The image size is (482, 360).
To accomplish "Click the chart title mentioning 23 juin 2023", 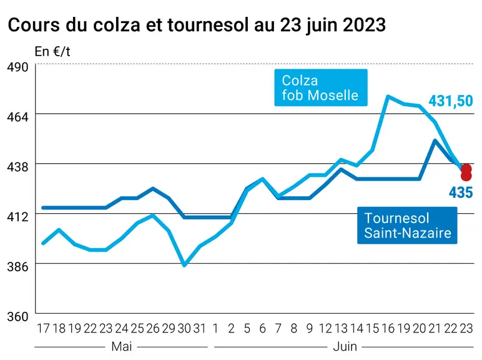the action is [197, 24].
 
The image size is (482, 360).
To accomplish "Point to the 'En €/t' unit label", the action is [52, 51].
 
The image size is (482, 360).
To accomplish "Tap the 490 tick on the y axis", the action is [17, 67].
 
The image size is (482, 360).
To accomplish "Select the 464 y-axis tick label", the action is [17, 117].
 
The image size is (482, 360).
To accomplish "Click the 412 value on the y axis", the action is [17, 217].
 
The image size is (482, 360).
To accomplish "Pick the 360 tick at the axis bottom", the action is [17, 317].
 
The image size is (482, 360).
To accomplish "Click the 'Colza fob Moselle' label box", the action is [321, 87].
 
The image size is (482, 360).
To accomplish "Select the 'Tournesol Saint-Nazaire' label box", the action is [407, 226].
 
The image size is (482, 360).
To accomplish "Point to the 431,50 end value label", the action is [451, 101].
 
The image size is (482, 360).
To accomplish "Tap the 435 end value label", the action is [461, 192].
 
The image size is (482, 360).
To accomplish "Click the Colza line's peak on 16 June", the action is [388, 96].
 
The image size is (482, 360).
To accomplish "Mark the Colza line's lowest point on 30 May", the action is [184, 265].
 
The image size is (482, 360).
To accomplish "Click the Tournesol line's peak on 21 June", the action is [435, 141].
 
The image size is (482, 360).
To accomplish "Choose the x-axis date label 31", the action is [200, 329].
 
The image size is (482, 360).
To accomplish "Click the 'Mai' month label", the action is [122, 347].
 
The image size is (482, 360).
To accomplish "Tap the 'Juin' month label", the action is [345, 347].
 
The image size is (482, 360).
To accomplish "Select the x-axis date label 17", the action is [43, 329].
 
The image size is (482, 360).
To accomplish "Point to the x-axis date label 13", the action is [342, 329].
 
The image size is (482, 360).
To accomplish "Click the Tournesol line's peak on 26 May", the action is [153, 188].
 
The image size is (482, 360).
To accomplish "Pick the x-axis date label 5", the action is [247, 329].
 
